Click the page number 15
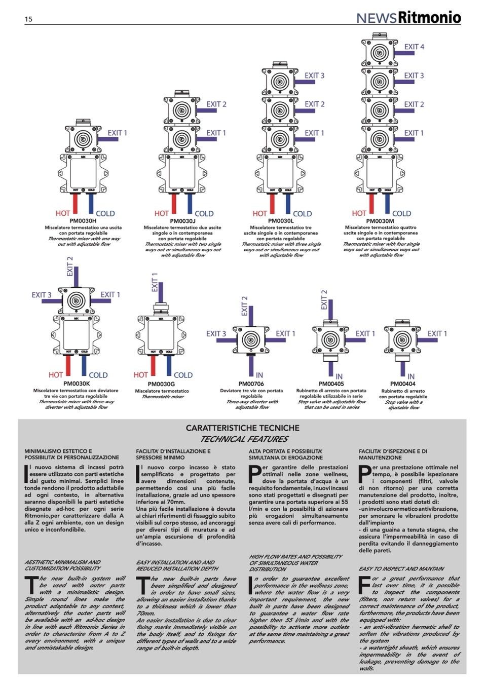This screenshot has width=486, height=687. (x=28, y=19)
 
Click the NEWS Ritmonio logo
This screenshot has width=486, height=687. (x=408, y=18)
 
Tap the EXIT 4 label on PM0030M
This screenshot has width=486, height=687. (x=414, y=47)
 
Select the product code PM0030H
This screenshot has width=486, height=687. (x=84, y=221)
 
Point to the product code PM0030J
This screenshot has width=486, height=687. (x=182, y=221)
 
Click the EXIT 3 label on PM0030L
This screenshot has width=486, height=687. (x=314, y=75)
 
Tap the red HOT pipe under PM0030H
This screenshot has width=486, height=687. (x=75, y=202)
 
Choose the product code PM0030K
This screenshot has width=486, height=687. (x=77, y=384)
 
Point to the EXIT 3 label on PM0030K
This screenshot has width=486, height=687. (x=42, y=295)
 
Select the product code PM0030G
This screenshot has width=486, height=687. (x=162, y=384)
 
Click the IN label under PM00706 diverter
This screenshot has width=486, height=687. (x=259, y=375)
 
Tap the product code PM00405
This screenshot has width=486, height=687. (x=331, y=384)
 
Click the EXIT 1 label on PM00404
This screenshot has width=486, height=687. (x=437, y=333)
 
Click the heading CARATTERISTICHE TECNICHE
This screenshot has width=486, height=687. (x=242, y=428)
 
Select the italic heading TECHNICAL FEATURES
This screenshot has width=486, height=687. (x=244, y=439)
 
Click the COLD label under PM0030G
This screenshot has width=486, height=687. (x=183, y=375)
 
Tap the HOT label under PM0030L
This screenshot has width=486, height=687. (x=259, y=214)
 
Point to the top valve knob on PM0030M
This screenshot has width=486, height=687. (x=379, y=52)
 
